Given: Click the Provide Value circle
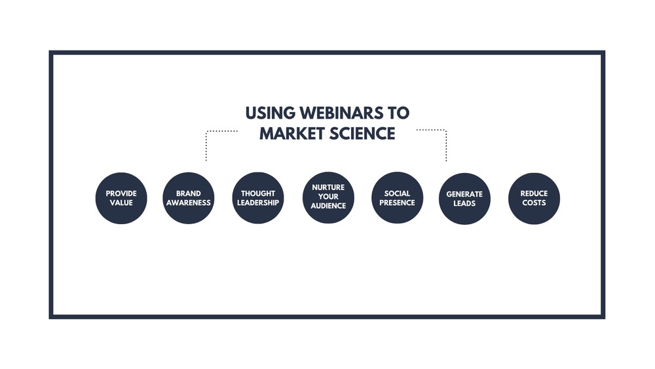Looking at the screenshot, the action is pos(121,198).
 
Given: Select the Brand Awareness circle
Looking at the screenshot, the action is pos(189,198).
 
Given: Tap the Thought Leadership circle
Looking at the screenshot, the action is pos(257,198).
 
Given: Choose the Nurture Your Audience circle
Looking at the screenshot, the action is pos(328,197).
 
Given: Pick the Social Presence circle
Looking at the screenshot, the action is pos(398,198).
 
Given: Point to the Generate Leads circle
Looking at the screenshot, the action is pos(464,199).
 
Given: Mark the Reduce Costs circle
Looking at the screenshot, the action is pos(534,198).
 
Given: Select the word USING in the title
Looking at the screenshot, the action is pos(271,113).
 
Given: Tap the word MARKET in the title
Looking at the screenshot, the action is pos(292,134).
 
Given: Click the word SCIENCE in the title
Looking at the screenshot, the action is pos(362,134).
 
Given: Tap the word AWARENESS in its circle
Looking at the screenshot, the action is pos(189,203).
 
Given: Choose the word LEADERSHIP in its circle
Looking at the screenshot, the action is pos(257,203).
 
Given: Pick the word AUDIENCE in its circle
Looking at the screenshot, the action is pos(328,206).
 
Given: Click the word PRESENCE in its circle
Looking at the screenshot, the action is pos(398,203).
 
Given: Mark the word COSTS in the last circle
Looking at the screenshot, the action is pos(534,203).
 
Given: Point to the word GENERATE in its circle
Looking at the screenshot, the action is pos(464,194).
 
